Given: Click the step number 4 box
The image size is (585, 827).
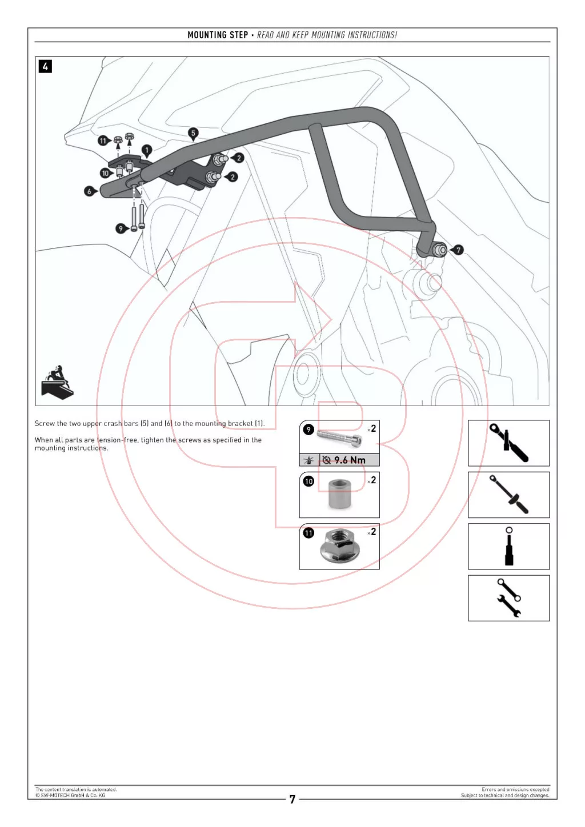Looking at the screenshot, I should (45, 66).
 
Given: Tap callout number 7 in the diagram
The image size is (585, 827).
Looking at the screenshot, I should (458, 250).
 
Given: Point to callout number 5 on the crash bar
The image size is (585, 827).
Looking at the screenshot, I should (193, 133).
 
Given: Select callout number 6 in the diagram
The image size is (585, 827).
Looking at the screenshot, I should (89, 191).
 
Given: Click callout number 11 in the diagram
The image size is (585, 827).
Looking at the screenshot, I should (102, 140).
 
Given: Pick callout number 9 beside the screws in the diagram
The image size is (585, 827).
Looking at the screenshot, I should (120, 228).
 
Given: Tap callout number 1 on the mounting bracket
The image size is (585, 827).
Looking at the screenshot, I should (147, 150).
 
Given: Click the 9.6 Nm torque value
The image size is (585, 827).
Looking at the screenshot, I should (350, 460).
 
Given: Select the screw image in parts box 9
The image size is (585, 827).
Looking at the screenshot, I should (339, 439).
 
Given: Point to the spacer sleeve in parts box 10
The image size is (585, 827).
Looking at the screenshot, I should (339, 494).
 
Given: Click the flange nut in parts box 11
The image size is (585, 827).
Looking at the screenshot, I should (339, 546).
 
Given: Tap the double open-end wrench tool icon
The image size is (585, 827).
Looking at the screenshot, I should (508, 598).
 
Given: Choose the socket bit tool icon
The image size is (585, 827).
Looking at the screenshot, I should (509, 547).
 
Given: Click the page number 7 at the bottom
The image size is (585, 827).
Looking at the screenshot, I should (292, 800).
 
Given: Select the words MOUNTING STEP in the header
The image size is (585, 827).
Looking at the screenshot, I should (218, 35).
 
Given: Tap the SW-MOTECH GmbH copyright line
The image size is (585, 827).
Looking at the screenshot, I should (70, 795).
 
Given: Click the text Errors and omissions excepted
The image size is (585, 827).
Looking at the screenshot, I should (515, 789).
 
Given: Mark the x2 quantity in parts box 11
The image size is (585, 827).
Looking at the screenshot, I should (372, 532).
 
